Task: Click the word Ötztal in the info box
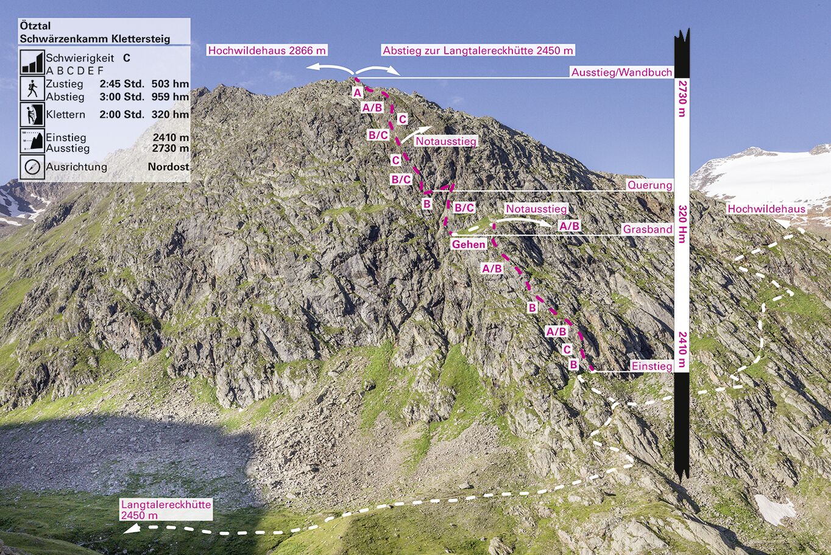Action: tap(35, 26)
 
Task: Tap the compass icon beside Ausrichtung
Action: tap(32, 167)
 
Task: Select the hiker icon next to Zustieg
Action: tap(32, 88)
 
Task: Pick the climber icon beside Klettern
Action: tap(32, 114)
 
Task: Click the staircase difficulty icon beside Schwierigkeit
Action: tap(32, 62)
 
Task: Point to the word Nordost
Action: tap(168, 167)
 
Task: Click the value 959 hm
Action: tap(170, 97)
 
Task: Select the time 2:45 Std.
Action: tap(122, 84)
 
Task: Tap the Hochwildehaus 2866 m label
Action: tap(267, 51)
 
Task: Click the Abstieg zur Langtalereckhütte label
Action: tap(478, 51)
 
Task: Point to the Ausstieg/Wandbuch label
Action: tap(621, 73)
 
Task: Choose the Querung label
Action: tap(649, 185)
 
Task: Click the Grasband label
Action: tap(647, 229)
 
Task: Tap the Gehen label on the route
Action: tap(469, 245)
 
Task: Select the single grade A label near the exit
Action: tap(358, 93)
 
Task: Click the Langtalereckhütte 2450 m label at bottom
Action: tap(166, 510)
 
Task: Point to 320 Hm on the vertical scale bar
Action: tap(682, 224)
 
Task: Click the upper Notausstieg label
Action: tap(445, 141)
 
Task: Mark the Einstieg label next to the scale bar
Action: tap(651, 366)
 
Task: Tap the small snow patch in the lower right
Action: tap(774, 509)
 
